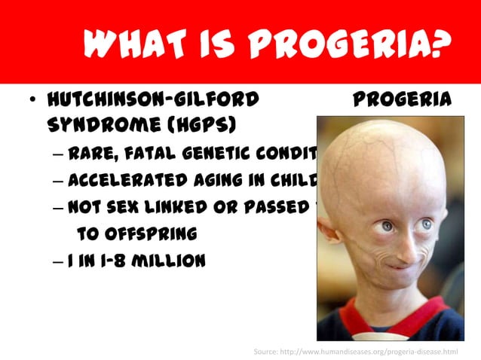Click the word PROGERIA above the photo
tap(402, 99)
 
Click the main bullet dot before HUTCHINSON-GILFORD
tap(29, 101)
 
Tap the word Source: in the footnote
tap(267, 351)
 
